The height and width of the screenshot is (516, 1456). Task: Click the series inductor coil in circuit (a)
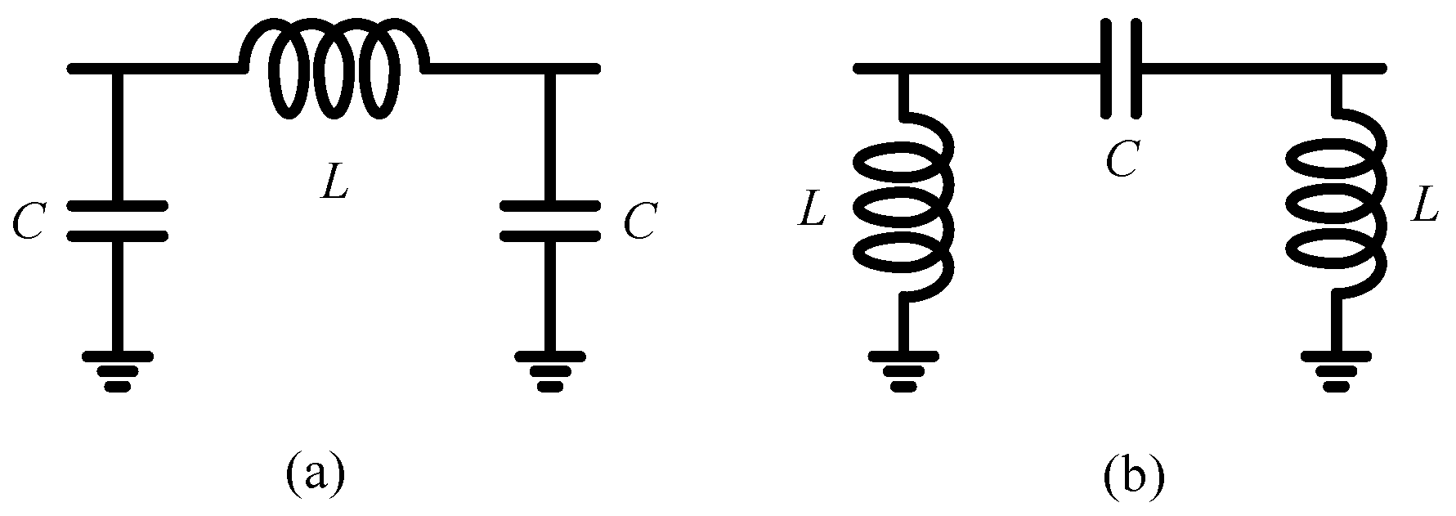(x=333, y=70)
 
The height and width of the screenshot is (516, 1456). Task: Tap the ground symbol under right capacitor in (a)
(x=550, y=370)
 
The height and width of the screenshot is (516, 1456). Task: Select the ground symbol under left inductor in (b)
(x=903, y=370)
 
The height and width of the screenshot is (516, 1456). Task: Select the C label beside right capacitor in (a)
(x=638, y=221)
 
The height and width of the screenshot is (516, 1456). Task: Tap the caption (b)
(x=1132, y=478)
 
